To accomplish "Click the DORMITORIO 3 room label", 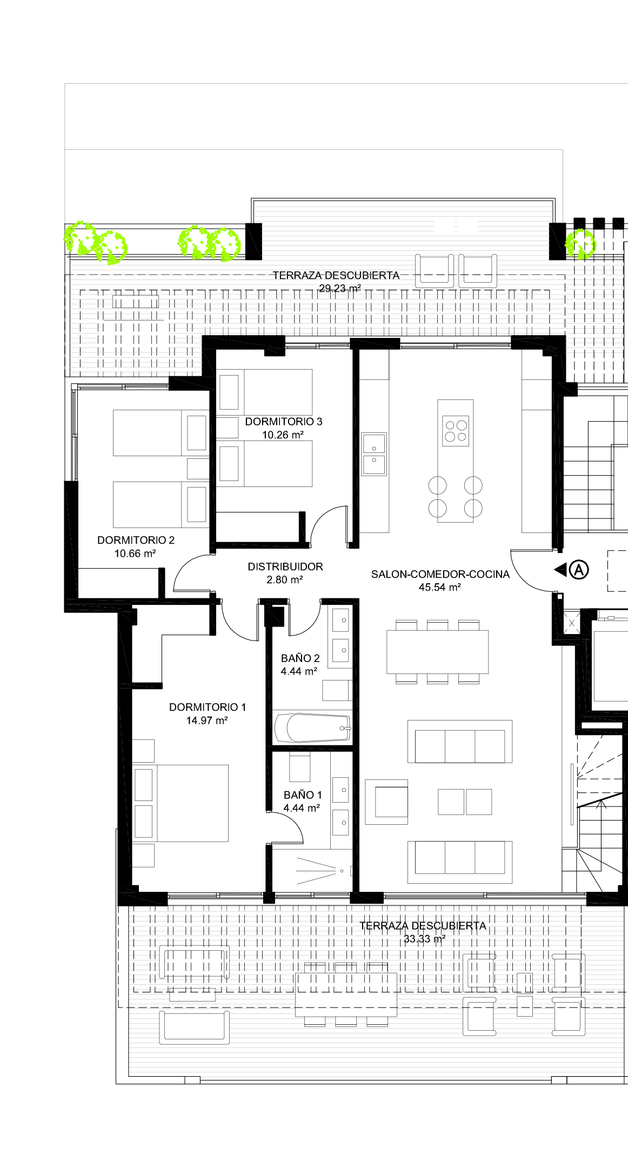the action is coord(284,422).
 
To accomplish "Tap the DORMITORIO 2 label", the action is coord(136,540).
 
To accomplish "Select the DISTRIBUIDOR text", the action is coord(285,566).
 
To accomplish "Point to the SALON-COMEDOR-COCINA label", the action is coord(440,574).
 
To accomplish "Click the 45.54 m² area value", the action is coord(440,588).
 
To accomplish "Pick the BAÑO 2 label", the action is coord(300,658).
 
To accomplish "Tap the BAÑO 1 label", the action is coord(303,795).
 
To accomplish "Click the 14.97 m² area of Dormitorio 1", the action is coord(207,720).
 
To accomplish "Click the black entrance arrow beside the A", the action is coord(560,569).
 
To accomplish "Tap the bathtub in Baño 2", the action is coord(313,728).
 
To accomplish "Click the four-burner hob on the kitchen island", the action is coord(456,431).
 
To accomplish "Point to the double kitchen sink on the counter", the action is coord(374,454).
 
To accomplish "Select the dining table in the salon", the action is coord(437,652).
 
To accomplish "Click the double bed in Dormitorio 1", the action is coord(181,803).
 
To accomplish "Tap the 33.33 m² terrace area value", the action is coord(425,939).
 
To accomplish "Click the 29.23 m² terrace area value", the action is coord(340,289).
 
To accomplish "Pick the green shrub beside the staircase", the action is coord(580,244).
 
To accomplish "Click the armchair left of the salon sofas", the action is coord(386,802).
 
